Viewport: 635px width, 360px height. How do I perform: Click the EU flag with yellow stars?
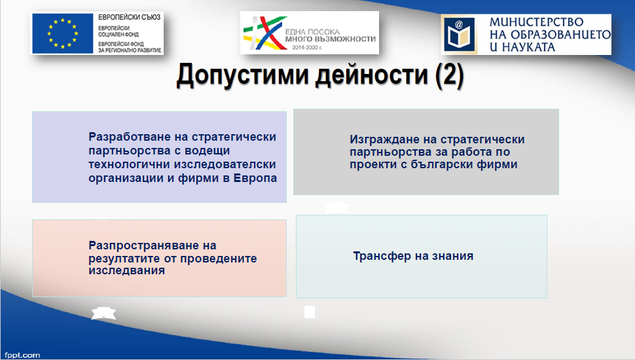pyautogui.click(x=63, y=33)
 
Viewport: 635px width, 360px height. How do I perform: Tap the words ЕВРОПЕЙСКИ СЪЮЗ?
pyautogui.click(x=129, y=17)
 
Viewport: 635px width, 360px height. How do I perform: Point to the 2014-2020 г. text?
pyautogui.click(x=307, y=48)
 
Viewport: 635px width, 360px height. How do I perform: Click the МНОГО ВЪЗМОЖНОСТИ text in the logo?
pyautogui.click(x=331, y=39)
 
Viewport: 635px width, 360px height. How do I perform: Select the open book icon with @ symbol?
pyautogui.click(x=458, y=34)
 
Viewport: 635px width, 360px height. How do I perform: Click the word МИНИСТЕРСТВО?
pyautogui.click(x=537, y=22)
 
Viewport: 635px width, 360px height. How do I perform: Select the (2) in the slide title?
pyautogui.click(x=449, y=75)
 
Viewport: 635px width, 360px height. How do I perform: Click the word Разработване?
pyautogui.click(x=127, y=137)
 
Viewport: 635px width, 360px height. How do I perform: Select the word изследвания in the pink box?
pyautogui.click(x=127, y=270)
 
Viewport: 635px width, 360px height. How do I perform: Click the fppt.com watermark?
pyautogui.click(x=22, y=355)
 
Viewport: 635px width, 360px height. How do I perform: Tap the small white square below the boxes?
pyautogui.click(x=310, y=312)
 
